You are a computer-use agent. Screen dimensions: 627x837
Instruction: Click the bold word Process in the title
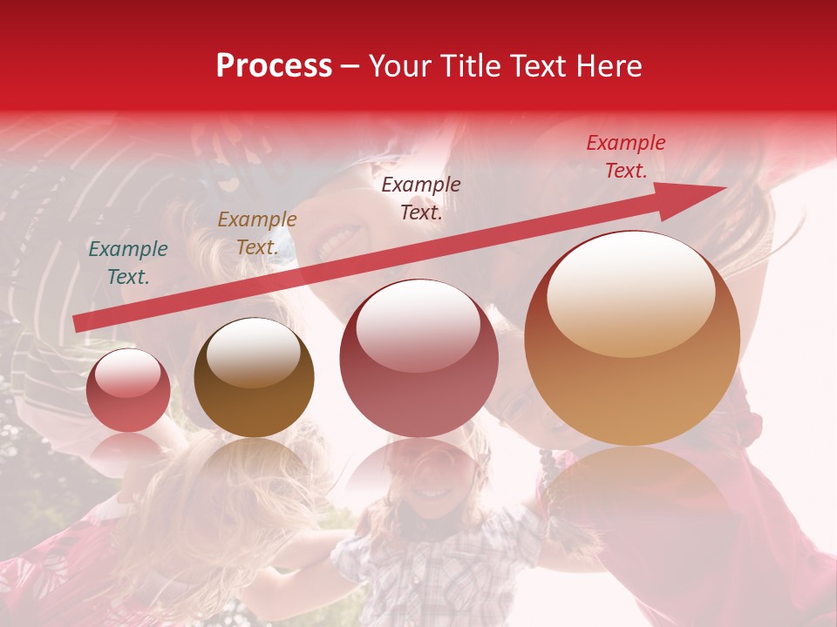point(274,66)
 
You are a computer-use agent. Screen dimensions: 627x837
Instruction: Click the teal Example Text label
point(128,263)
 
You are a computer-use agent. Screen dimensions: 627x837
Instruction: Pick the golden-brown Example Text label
point(256,233)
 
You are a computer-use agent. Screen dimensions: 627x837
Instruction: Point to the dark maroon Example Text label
point(421,198)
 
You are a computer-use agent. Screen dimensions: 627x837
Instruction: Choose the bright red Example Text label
point(625,157)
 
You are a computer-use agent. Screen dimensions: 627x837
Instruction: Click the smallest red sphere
point(128,391)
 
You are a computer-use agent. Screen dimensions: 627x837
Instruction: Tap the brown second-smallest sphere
point(254,378)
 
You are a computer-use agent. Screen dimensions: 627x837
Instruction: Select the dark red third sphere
point(418,359)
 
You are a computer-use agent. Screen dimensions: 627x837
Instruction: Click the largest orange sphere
point(632,339)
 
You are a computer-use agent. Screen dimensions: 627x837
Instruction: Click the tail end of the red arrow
point(78,323)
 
